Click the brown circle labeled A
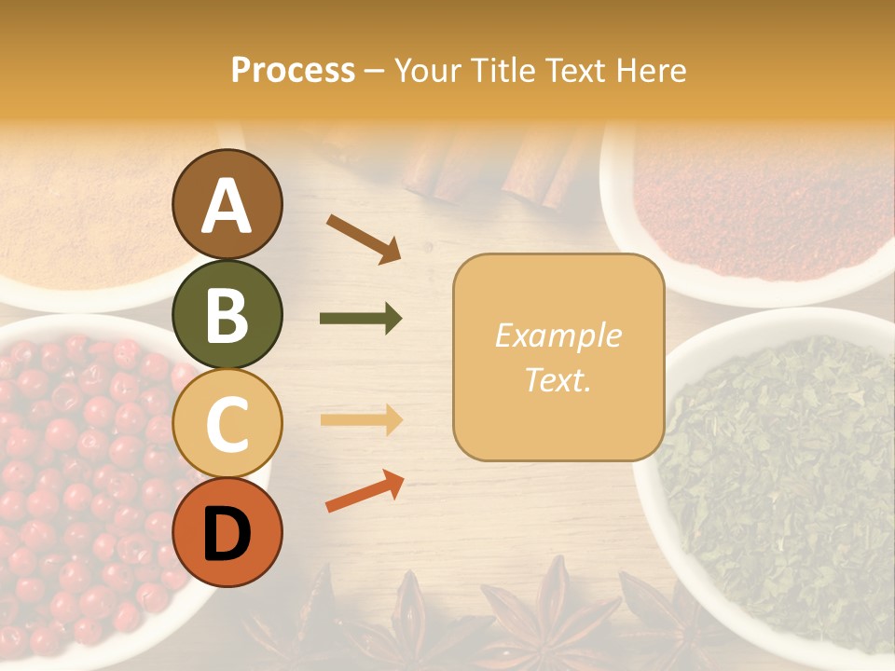coord(227,204)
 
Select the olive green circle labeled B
coord(227,314)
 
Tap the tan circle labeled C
coord(227,423)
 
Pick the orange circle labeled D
coord(227,532)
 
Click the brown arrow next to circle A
coord(364,239)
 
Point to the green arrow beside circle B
coord(361,319)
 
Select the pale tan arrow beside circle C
coord(361,420)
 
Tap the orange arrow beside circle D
coord(365,492)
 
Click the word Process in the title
coord(293,71)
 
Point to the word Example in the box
coord(558,335)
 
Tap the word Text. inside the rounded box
coord(558,379)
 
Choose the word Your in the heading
coord(429,71)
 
